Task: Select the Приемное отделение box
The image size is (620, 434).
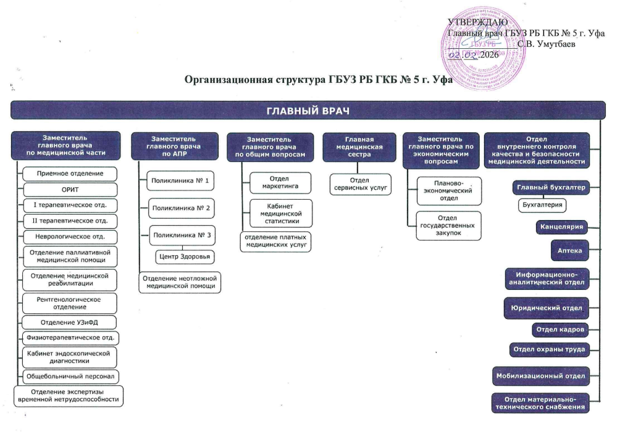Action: click(69, 173)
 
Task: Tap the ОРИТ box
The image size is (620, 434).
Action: click(69, 189)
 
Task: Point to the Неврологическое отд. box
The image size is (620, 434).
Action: click(69, 236)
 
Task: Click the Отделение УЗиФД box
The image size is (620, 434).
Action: click(69, 322)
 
